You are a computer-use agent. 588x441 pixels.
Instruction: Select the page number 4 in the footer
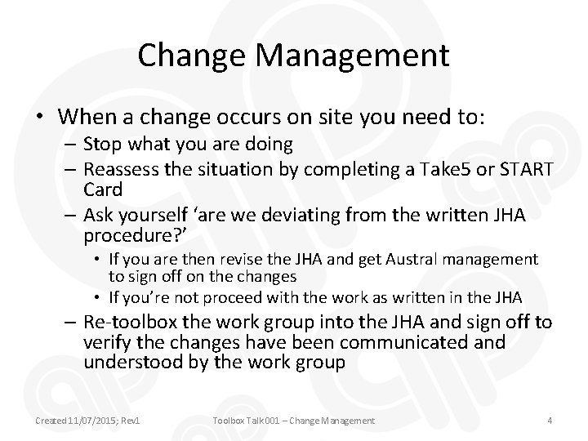pyautogui.click(x=550, y=421)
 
